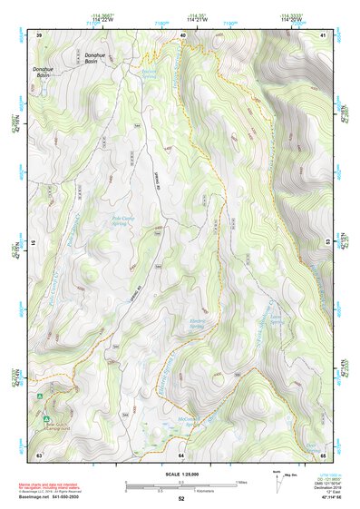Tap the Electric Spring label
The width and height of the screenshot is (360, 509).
coord(198,324)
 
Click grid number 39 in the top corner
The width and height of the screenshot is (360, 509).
coord(39,34)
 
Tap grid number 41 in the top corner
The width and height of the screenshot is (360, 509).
coord(323,34)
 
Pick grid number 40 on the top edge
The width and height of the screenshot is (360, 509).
coord(182,34)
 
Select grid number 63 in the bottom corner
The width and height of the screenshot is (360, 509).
coord(39,454)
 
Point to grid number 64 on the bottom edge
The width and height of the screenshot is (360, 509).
coord(181,454)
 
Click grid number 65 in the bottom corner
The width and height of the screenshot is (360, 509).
coord(323,454)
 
